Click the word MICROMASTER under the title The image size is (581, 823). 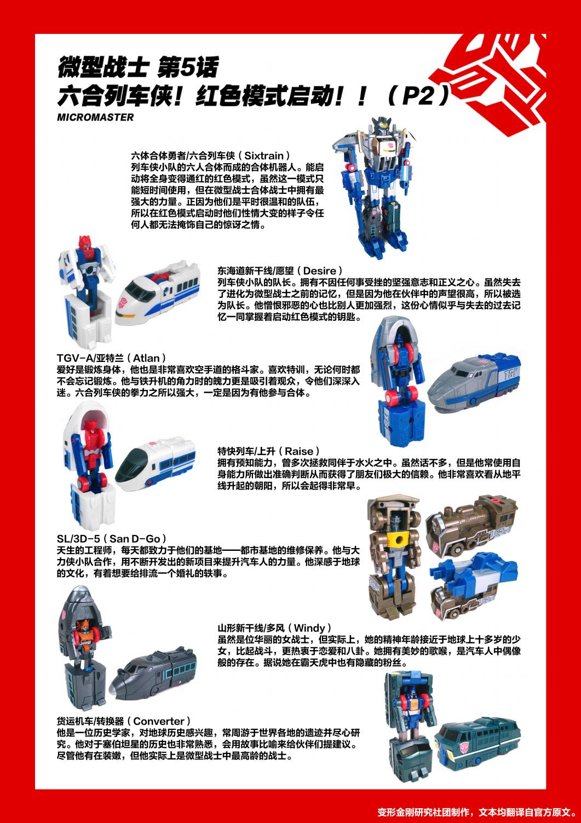(95, 117)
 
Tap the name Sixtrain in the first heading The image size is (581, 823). (264, 156)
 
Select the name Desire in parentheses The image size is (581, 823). (320, 271)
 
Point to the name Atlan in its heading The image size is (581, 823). (146, 358)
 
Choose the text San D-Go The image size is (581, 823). (135, 539)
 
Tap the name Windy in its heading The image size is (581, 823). (309, 628)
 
